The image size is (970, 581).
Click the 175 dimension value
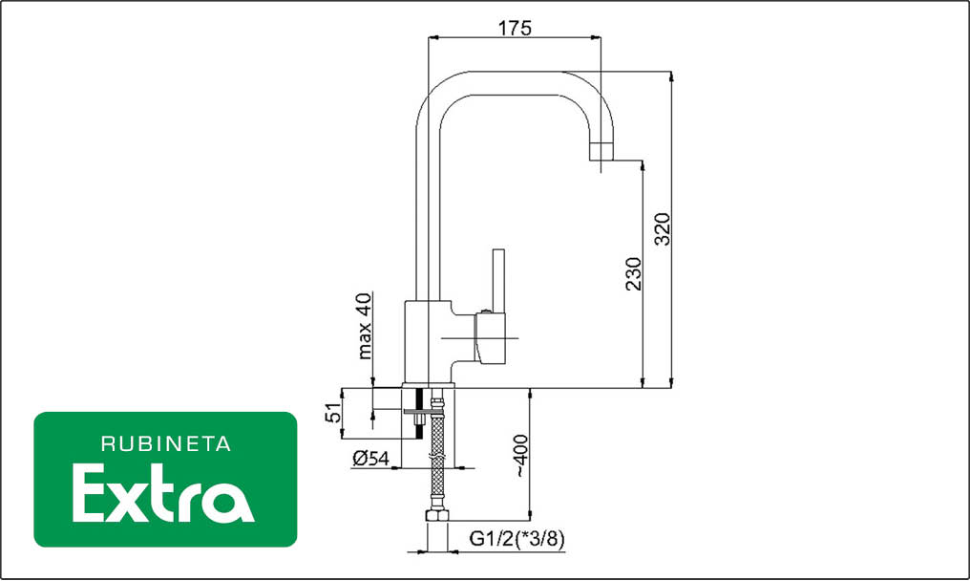coord(515,28)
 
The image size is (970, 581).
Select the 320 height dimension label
coord(662,229)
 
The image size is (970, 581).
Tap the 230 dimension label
coord(634,273)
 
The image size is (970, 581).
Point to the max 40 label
coord(365,326)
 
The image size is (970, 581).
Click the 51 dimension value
coord(333,413)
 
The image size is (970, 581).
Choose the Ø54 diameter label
coord(371,459)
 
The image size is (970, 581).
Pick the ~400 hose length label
coord(520,455)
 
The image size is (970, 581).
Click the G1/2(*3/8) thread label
coord(517,539)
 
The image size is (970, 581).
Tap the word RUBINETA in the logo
coord(166,444)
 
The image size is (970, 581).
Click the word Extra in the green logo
coord(163,494)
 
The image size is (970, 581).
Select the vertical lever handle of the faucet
coord(498,280)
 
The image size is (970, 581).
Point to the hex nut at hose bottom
coord(436,516)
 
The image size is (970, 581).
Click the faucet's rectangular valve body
coord(428,342)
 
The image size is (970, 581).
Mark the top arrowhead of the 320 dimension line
coord(672,76)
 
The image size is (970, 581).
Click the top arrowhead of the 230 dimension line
coord(643,167)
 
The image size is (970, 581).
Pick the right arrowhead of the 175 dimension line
coord(595,38)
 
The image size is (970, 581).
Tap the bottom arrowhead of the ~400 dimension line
coord(530,515)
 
